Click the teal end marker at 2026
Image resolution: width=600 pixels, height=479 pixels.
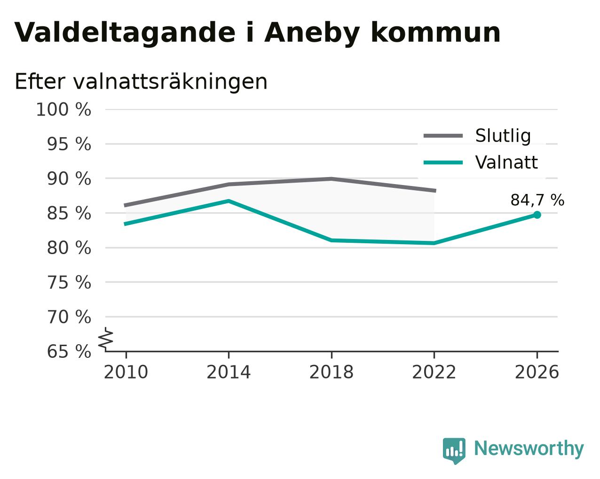click(x=537, y=215)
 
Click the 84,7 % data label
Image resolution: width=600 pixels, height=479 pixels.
click(x=537, y=200)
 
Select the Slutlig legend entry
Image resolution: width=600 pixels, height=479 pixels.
click(x=477, y=136)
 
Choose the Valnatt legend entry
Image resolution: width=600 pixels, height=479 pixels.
click(x=481, y=162)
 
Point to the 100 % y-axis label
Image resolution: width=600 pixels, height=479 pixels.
click(x=63, y=109)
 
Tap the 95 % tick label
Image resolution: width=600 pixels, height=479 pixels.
click(x=69, y=144)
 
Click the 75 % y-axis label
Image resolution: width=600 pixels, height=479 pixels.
click(x=69, y=282)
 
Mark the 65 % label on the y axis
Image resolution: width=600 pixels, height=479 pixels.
click(x=69, y=351)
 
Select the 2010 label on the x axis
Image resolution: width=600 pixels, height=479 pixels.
click(x=126, y=372)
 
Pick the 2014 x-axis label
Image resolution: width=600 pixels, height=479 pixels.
click(x=229, y=372)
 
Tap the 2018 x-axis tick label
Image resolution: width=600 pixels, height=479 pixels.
click(x=331, y=372)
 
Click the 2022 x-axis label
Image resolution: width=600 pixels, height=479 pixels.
click(x=434, y=372)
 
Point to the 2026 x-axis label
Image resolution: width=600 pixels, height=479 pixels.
click(x=537, y=372)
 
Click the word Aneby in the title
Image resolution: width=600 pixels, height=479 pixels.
click(x=312, y=33)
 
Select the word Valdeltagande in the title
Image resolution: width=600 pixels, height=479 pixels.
click(x=125, y=32)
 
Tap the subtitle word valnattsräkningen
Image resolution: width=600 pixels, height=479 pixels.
click(x=170, y=82)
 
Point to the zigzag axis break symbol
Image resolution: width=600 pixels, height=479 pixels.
click(x=106, y=339)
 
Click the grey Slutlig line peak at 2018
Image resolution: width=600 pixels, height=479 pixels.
click(x=331, y=178)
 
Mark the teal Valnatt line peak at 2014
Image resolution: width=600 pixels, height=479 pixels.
click(x=229, y=201)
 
